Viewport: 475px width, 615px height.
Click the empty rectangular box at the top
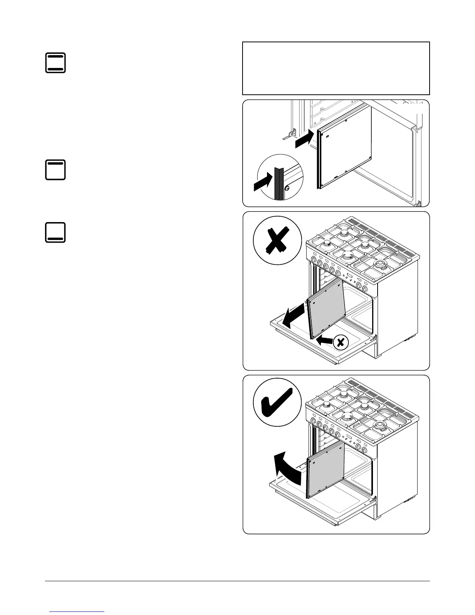click(336, 68)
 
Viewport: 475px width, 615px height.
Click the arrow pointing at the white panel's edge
click(304, 139)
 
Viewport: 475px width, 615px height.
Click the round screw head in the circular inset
click(287, 188)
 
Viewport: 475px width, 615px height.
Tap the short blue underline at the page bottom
click(78, 612)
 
